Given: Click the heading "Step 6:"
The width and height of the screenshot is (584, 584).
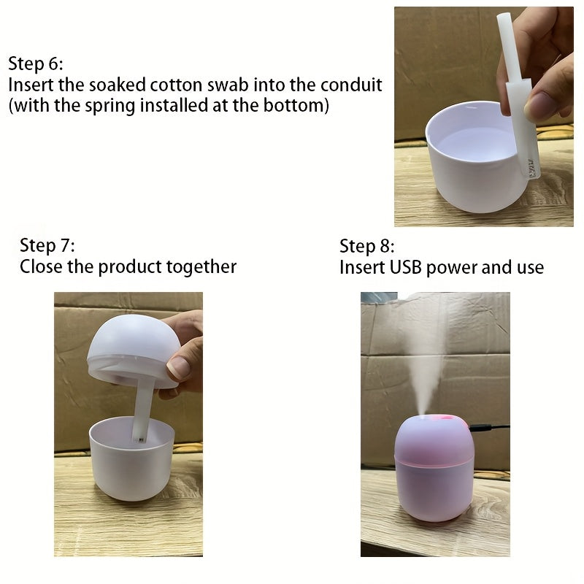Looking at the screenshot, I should (x=36, y=63).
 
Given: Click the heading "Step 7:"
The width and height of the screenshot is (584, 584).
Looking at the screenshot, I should (x=47, y=245).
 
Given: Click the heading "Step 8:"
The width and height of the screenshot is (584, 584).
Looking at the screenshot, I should (x=367, y=245).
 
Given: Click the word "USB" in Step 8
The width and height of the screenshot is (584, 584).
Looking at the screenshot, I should (x=403, y=267).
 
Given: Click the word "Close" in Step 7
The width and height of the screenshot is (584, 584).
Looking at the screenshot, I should (x=41, y=266).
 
